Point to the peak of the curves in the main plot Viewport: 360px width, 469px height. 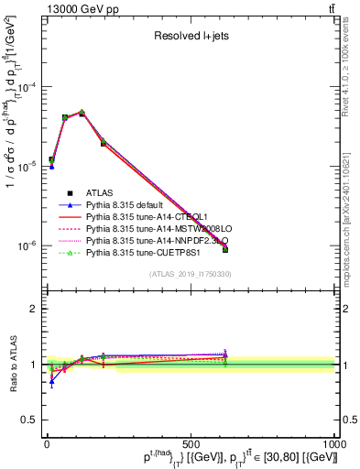82,113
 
